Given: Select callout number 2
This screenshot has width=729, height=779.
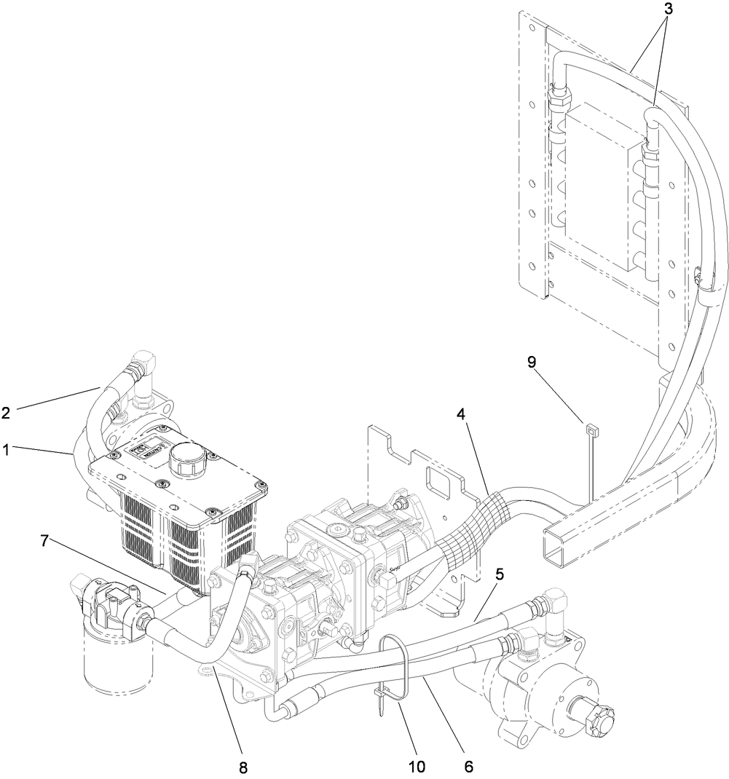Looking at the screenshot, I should pyautogui.click(x=7, y=412).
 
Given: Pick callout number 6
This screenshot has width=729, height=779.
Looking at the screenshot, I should pyautogui.click(x=468, y=766).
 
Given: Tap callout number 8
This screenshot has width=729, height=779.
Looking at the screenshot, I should pyautogui.click(x=243, y=766).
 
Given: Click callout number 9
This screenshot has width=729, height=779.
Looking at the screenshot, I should pyautogui.click(x=531, y=362).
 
